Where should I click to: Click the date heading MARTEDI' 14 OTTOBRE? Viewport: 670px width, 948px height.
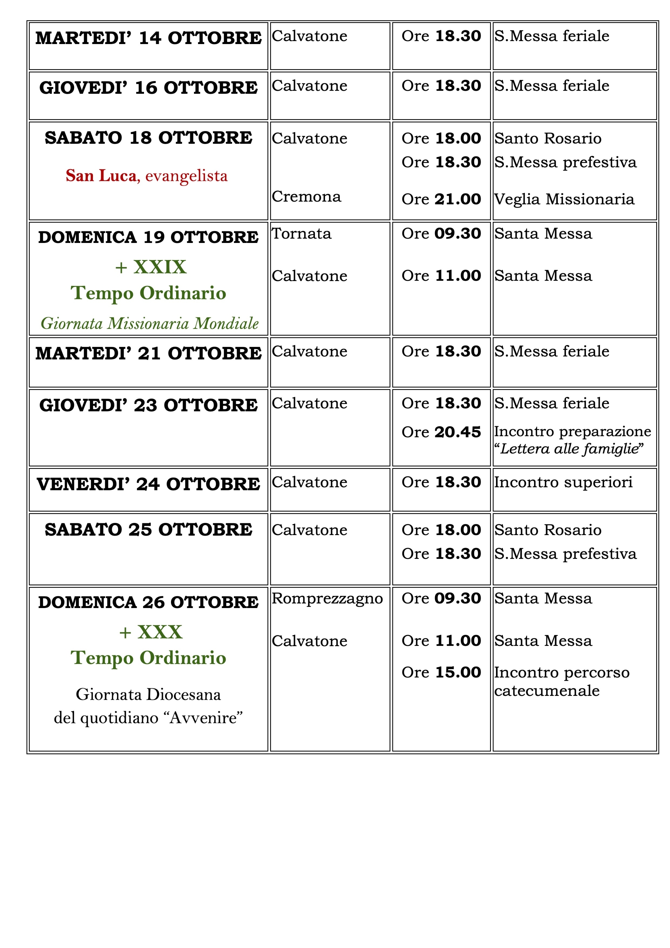(x=148, y=38)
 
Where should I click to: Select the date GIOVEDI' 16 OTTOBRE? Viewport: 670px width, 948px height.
(x=148, y=87)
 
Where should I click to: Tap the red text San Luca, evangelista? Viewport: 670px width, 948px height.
(x=147, y=176)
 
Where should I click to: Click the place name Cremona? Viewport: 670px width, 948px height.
(x=306, y=197)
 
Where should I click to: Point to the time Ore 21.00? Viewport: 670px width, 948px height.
(x=441, y=199)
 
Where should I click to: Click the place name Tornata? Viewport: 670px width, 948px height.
(x=301, y=234)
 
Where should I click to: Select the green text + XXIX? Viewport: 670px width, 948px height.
(x=151, y=267)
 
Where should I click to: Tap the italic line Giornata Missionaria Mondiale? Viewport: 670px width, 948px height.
(x=150, y=323)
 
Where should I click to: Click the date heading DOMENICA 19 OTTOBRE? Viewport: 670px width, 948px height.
(x=148, y=237)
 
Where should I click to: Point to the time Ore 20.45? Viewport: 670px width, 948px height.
(x=441, y=432)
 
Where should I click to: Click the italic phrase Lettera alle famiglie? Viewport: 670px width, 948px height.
(x=569, y=449)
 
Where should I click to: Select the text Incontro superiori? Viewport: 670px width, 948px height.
(x=563, y=482)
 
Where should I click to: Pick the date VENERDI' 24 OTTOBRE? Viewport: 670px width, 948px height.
(x=148, y=484)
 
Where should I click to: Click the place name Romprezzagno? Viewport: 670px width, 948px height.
(x=327, y=598)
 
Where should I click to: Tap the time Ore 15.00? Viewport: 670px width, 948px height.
(x=441, y=672)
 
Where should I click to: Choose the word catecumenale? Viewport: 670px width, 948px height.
(x=547, y=690)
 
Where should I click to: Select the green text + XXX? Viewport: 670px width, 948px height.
(x=151, y=632)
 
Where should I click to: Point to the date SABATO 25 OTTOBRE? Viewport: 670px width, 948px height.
(x=148, y=530)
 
